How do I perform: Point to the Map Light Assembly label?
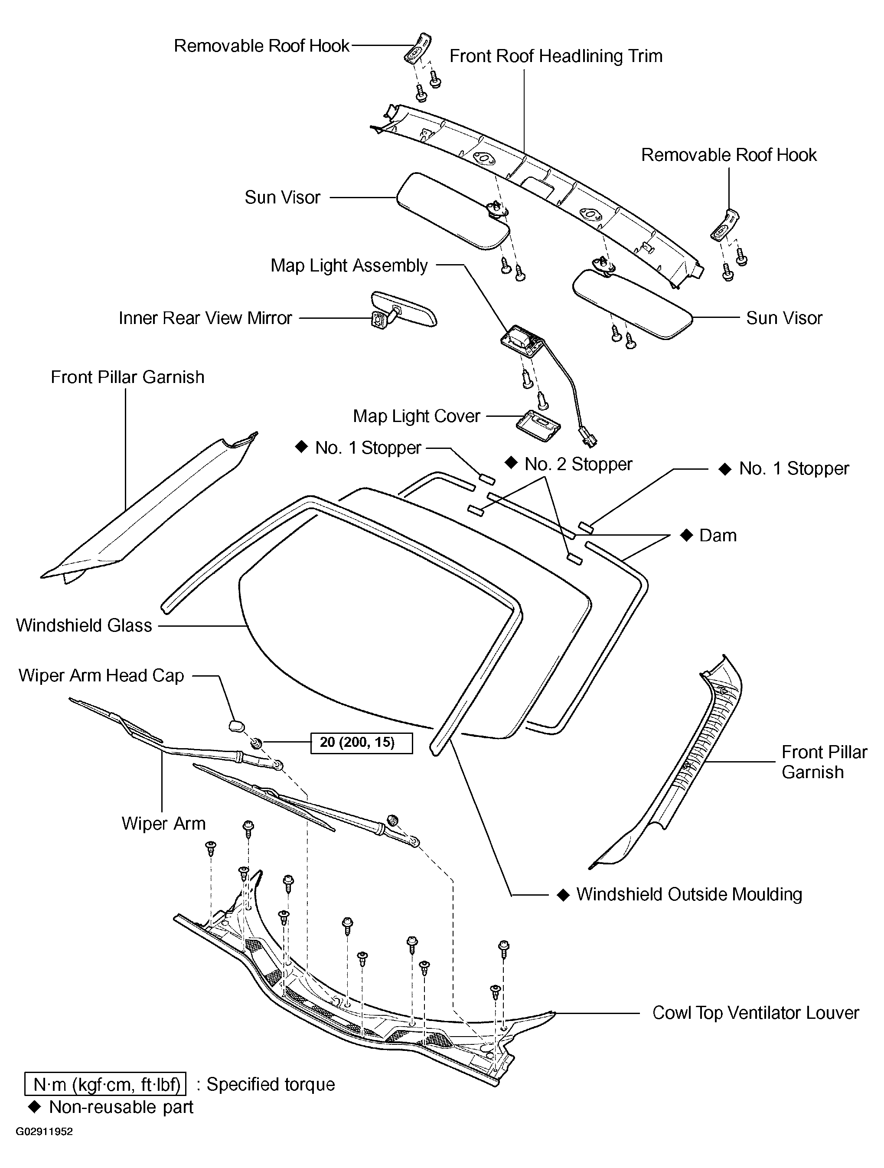[x=349, y=265]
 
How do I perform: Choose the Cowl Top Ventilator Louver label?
[x=756, y=1013]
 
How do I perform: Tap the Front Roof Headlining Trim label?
[x=556, y=56]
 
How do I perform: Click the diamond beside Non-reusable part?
[x=35, y=1107]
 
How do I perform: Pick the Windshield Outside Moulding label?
[x=689, y=894]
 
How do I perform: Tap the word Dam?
[x=718, y=535]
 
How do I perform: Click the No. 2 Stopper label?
[x=578, y=464]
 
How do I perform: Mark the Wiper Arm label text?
[x=163, y=824]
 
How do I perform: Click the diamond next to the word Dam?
[x=686, y=535]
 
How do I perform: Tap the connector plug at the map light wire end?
[x=587, y=437]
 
